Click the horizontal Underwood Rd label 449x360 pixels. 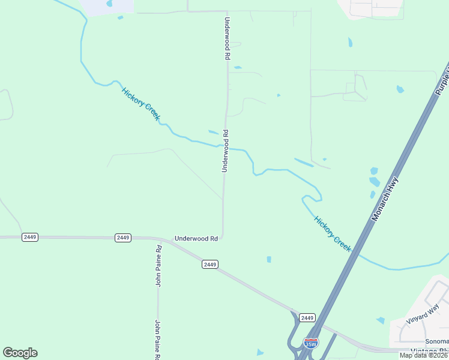point(196,238)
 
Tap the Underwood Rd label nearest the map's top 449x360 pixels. point(227,38)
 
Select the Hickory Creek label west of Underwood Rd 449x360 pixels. point(141,104)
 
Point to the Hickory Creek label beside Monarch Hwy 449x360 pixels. point(333,233)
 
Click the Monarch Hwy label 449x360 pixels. point(385,198)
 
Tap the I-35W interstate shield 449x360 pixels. point(310,343)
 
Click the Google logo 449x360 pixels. point(20,353)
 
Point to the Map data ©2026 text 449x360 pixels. point(424,355)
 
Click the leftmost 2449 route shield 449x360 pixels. point(30,237)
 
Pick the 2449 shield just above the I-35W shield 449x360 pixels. point(307,317)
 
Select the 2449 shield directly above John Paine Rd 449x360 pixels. point(123,238)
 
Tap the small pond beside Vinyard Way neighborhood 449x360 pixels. point(380,321)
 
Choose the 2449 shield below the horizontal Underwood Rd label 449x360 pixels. point(209,264)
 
